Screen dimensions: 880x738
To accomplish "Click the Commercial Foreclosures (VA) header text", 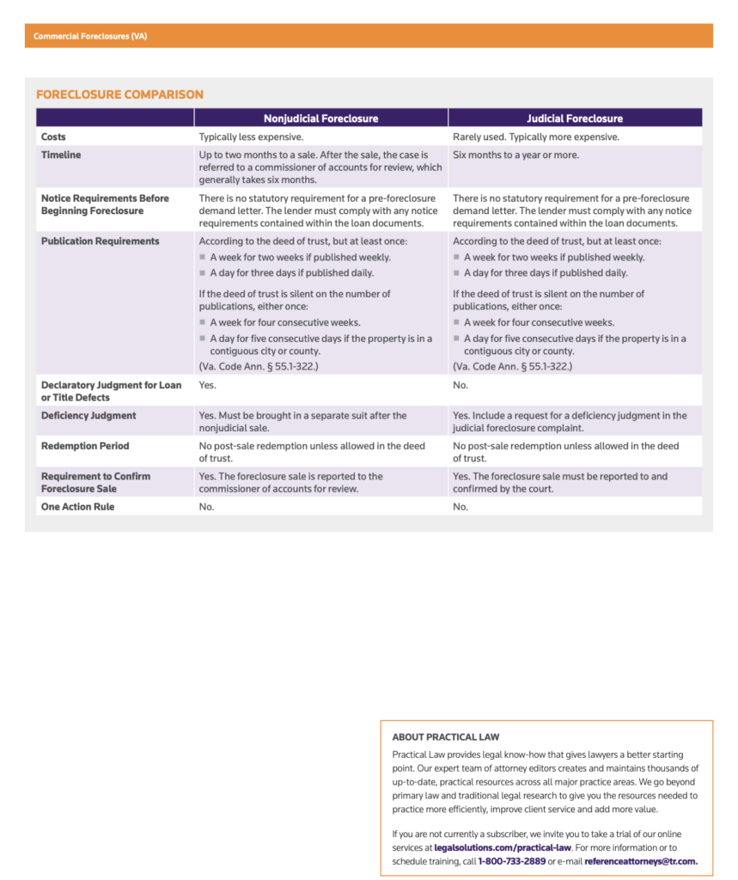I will tap(90, 36).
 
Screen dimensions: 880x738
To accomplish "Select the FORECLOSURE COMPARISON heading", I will tap(119, 95).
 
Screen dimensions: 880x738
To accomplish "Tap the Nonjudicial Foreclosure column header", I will tap(320, 119).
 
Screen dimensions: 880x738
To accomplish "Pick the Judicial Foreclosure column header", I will tap(575, 119).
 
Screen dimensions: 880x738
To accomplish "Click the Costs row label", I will tap(53, 137).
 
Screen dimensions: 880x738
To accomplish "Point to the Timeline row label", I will tap(61, 155).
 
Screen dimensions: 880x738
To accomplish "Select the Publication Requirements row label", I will tap(100, 241).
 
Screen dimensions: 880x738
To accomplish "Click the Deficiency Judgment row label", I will tap(88, 416).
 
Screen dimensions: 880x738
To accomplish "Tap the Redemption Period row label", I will tap(85, 446).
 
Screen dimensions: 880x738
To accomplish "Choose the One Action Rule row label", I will tap(77, 507).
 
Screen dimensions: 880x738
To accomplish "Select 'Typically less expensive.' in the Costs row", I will tap(251, 137).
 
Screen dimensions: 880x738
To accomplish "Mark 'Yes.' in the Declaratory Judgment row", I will tap(208, 386).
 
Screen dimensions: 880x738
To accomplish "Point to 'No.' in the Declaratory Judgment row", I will tap(461, 386).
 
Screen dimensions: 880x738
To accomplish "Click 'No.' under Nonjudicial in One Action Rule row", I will tap(207, 507).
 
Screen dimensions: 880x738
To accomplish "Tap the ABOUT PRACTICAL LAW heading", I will tap(445, 737).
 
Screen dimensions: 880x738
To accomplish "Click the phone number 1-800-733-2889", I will tap(511, 860).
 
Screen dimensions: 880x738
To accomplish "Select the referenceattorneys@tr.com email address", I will tap(640, 860).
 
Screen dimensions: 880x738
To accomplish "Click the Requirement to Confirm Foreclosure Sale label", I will tap(95, 482).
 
